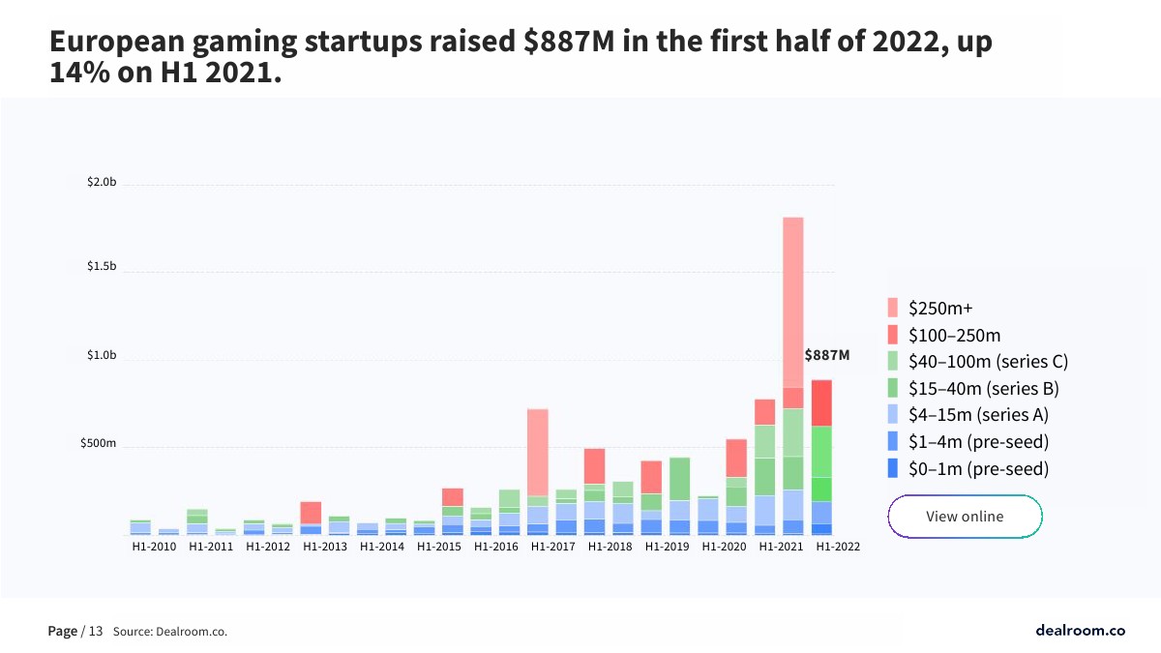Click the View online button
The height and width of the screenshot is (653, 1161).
click(965, 517)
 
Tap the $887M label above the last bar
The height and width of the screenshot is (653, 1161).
click(827, 355)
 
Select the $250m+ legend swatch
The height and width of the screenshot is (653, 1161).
click(896, 309)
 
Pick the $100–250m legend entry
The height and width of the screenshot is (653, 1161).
click(954, 336)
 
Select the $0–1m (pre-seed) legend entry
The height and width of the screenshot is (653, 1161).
click(978, 469)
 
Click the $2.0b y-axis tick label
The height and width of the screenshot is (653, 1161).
click(102, 183)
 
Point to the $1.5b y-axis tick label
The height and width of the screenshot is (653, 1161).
click(102, 266)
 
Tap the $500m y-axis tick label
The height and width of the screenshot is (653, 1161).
click(99, 444)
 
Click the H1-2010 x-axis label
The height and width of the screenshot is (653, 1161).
click(154, 547)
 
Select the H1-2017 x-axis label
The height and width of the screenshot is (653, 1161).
click(552, 547)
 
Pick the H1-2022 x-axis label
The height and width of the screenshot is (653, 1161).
click(837, 547)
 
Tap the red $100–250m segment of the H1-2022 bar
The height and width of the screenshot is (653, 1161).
click(821, 402)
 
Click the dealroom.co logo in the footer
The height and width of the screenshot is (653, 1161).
click(1080, 631)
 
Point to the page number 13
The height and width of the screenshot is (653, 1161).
click(96, 632)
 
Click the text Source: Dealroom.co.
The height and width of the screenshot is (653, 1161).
click(170, 632)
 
